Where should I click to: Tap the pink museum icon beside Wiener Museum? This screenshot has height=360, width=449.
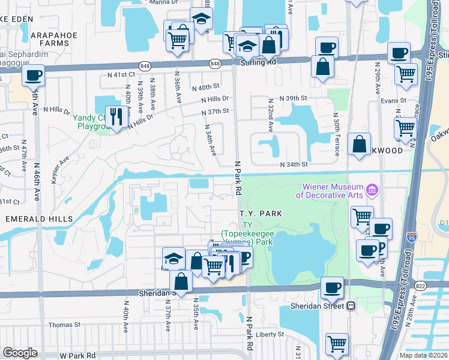pyautogui.click(x=373, y=190)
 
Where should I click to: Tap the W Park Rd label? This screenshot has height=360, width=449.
pyautogui.click(x=77, y=355)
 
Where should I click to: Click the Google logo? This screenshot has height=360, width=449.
pyautogui.click(x=20, y=353)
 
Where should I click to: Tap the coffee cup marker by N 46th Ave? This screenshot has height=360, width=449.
pyautogui.click(x=33, y=76)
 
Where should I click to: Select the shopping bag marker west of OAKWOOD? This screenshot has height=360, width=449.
pyautogui.click(x=358, y=144)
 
